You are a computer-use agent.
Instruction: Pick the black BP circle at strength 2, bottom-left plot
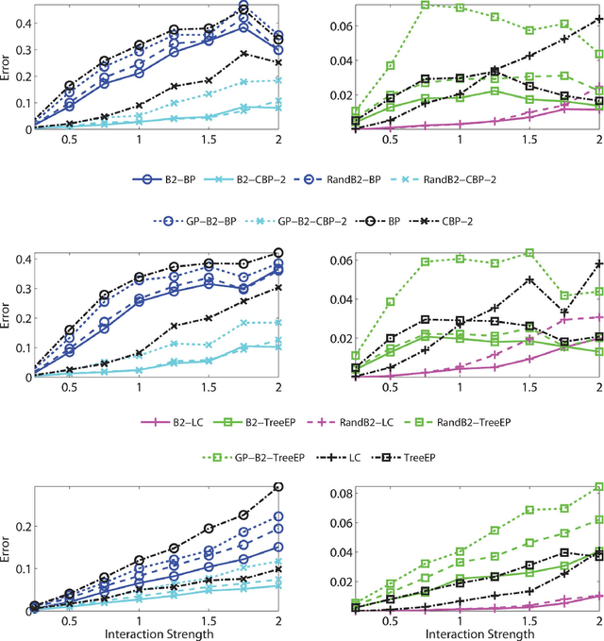[x=277, y=487]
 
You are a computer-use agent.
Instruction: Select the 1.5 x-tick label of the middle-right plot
[x=529, y=387]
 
